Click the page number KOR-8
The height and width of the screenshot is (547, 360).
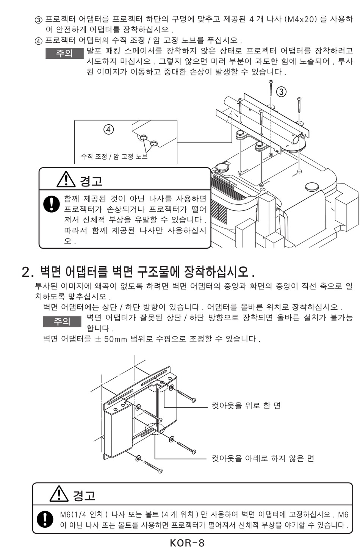(x=187, y=542)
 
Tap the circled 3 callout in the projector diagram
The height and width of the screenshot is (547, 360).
(x=281, y=92)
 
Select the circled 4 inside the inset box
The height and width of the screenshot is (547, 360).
(x=109, y=129)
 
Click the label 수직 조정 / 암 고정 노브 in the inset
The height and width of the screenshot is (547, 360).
(x=114, y=156)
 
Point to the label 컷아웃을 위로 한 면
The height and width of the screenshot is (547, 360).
(x=246, y=406)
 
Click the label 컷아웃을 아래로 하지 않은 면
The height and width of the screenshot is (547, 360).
(x=263, y=458)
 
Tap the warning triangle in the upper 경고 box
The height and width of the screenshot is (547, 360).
(x=66, y=179)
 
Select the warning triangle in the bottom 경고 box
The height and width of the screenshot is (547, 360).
(x=59, y=494)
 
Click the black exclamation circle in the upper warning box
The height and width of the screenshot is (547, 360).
(x=52, y=204)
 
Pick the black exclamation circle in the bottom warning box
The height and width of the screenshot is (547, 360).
(x=45, y=519)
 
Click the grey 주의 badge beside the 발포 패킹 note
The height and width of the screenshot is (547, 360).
(x=64, y=53)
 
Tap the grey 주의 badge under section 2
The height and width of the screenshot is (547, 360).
(x=62, y=321)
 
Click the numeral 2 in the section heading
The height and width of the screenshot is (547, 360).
(x=26, y=272)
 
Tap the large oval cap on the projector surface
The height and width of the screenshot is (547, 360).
(x=311, y=187)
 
